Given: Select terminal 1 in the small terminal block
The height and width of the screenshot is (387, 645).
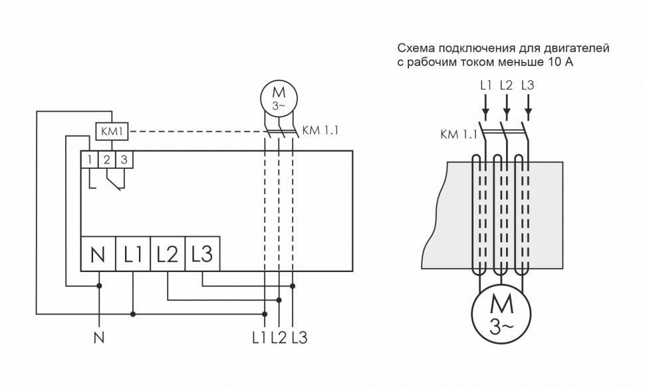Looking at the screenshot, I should pos(88,159).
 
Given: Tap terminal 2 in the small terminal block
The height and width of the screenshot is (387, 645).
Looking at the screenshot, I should pos(106,159).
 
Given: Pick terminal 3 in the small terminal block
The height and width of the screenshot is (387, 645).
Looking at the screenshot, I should pos(123,159).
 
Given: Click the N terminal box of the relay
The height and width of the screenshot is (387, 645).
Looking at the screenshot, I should pos(98,253).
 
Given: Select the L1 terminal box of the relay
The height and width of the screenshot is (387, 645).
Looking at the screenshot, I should pos(133,253).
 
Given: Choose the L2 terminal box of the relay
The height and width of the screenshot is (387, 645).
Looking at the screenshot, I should pos(168,253).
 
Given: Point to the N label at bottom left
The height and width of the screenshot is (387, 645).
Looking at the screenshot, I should pos(99,338).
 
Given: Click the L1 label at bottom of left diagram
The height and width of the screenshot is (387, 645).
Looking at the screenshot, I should pos(260,338).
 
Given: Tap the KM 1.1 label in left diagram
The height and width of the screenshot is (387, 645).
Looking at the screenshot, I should pos(320,130).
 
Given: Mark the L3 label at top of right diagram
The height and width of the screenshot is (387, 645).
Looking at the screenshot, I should pos(528,85).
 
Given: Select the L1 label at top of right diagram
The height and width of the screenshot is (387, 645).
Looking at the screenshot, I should pos(485,85).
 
